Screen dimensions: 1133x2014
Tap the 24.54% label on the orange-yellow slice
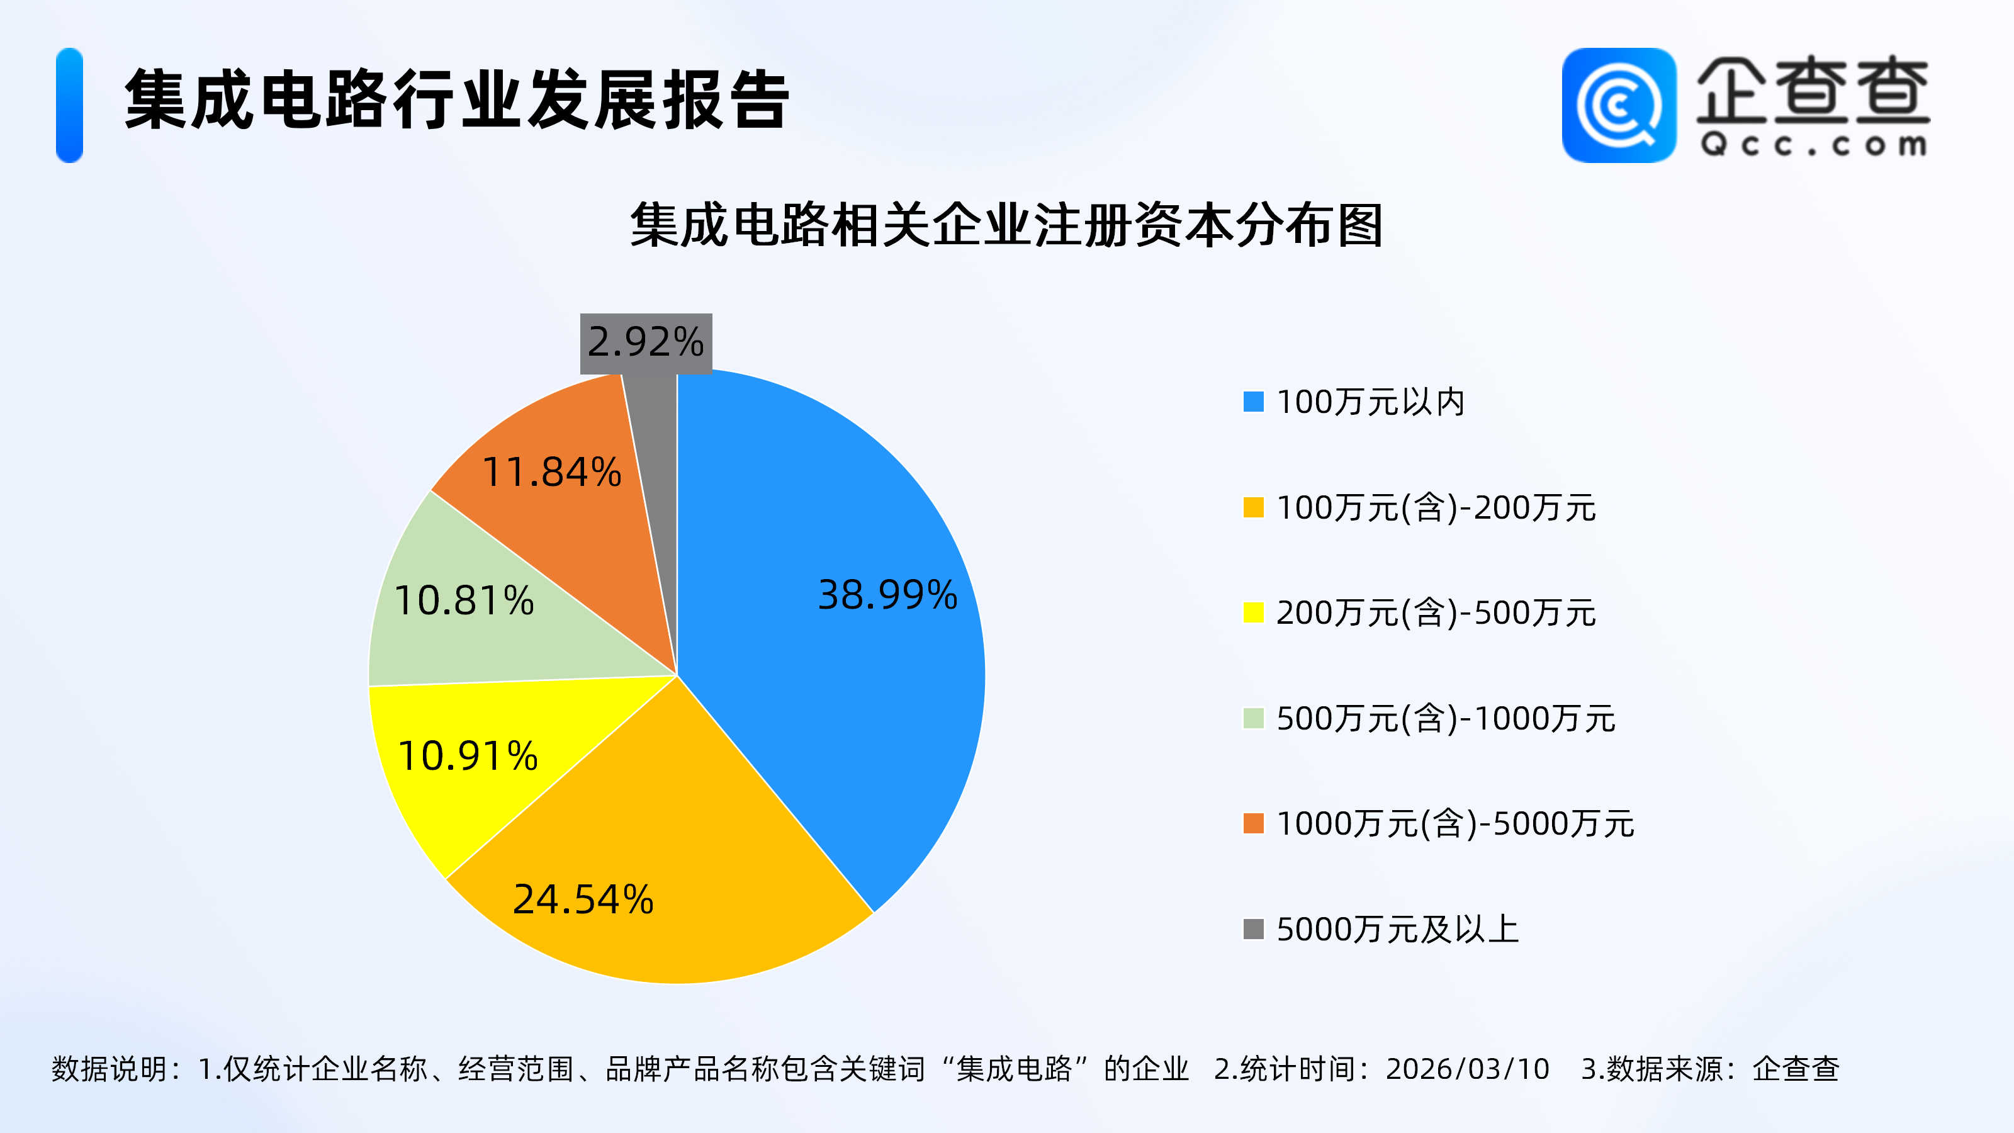[x=583, y=899]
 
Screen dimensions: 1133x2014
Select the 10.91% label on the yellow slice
[x=468, y=756]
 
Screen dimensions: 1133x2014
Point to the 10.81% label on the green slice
[x=464, y=600]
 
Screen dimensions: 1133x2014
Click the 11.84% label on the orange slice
[x=552, y=472]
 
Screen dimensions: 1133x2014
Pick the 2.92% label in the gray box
[x=646, y=342]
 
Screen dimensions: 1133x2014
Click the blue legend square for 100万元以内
[x=1253, y=402]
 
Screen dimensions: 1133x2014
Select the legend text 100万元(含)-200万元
[x=1436, y=507]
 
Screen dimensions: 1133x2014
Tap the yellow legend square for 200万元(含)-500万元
[x=1253, y=613]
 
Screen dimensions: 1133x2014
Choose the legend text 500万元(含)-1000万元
[x=1446, y=719]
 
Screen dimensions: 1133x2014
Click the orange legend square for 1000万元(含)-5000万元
[x=1253, y=824]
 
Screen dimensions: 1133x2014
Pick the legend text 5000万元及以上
[x=1397, y=930]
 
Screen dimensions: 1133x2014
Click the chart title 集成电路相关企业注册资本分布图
[x=1007, y=225]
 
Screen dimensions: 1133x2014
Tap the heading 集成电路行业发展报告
[x=458, y=100]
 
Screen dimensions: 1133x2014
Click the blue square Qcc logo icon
[x=1618, y=106]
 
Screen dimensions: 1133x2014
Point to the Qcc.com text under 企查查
[x=1813, y=145]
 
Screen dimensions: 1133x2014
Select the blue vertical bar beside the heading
[x=70, y=106]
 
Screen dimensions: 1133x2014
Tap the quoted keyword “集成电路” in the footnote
[x=1014, y=1069]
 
